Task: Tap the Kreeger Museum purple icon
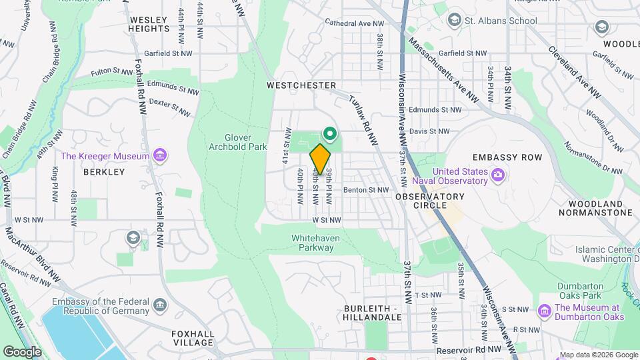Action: [x=160, y=156]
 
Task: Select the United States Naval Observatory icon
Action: [x=497, y=175]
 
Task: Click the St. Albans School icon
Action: [x=455, y=21]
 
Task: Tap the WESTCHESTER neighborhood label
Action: [x=301, y=86]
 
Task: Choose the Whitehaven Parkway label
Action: [x=312, y=243]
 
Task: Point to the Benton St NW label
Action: [x=365, y=190]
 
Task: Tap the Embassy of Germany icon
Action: [x=160, y=305]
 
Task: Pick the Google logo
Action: [x=23, y=351]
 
